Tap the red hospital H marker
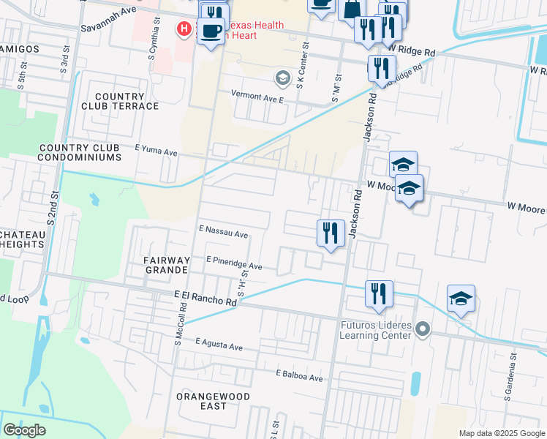pos(184,29)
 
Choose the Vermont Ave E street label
pos(257,96)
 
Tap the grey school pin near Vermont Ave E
pos(282,78)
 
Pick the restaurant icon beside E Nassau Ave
pos(331,233)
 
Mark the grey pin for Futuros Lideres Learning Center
pos(422,330)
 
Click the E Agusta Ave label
pos(220,342)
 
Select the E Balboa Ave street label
pos(299,375)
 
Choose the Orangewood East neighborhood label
pos(213,401)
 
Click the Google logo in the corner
pos(24,430)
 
